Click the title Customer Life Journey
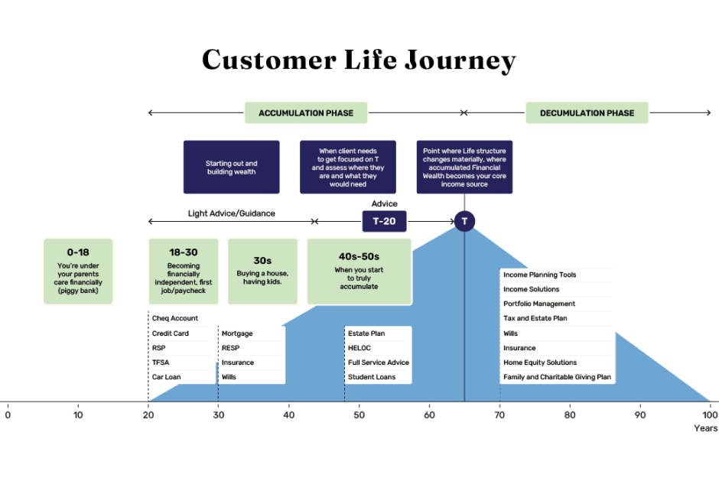coord(359,60)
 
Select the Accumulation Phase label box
coord(306,113)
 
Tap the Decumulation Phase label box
coord(587,113)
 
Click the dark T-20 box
coord(384,221)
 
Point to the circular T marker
coord(464,221)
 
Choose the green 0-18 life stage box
coord(78,271)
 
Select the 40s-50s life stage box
coord(359,271)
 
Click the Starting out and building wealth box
coord(231,167)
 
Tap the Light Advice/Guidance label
coord(231,213)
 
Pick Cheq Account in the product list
coord(175,319)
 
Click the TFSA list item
coord(161,363)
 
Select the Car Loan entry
coord(166,377)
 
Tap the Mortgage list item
coord(237,333)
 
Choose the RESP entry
coord(231,348)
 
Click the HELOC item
coord(359,348)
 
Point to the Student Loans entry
coord(373,377)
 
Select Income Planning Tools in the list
coord(540,275)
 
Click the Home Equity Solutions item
coord(540,363)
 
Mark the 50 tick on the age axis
coord(359,415)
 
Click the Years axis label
coord(705,428)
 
